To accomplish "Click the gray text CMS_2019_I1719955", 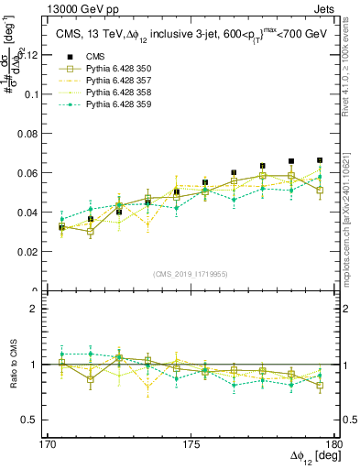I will tap(191, 272).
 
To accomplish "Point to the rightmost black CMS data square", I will tap(320, 160).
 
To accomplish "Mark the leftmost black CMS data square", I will tap(62, 226).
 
